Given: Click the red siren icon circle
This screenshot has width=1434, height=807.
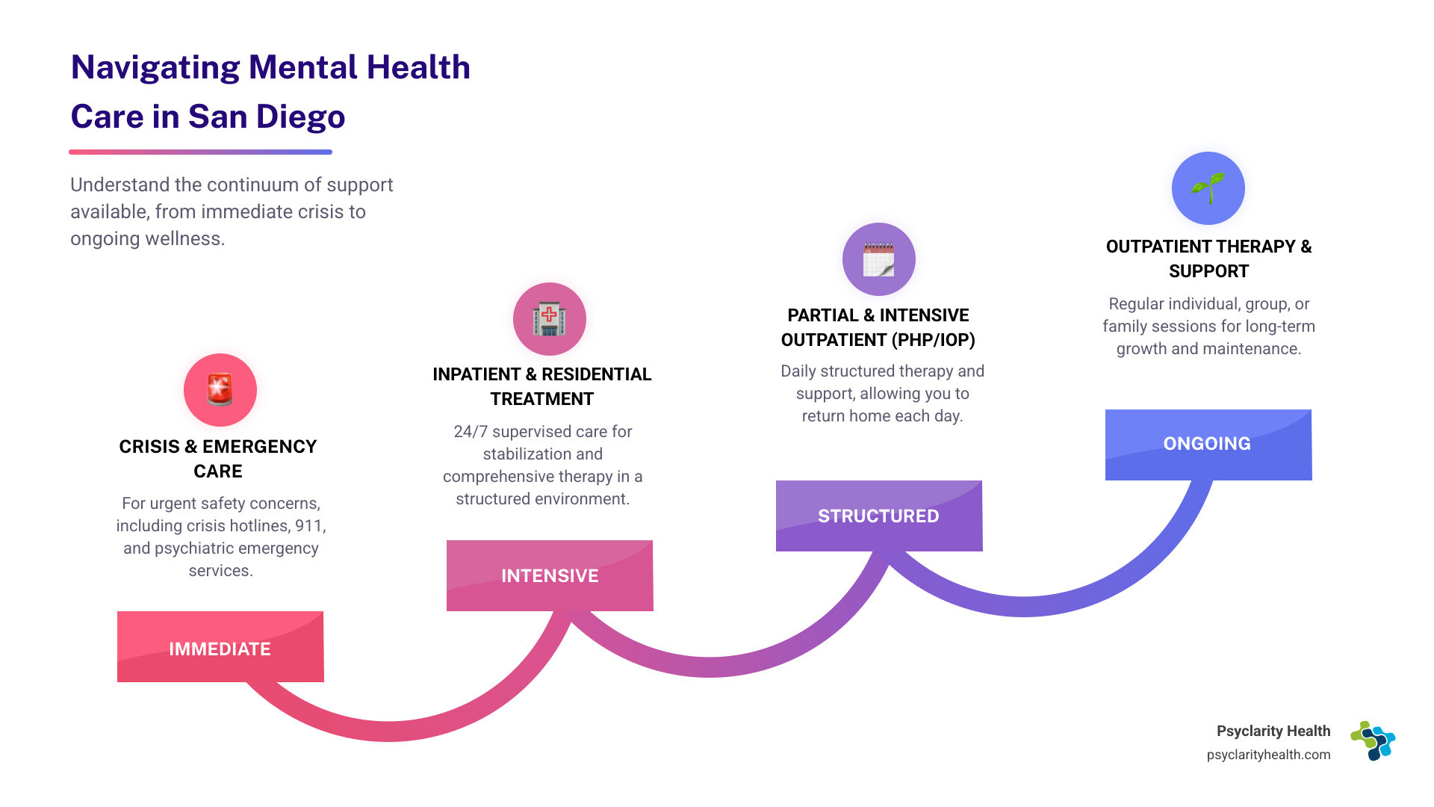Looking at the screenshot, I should click(220, 390).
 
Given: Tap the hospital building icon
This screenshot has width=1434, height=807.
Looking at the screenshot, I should click(550, 319).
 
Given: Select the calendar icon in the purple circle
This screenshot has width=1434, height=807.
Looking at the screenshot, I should click(878, 259).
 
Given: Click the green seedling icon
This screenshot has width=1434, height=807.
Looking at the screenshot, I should click(1208, 188).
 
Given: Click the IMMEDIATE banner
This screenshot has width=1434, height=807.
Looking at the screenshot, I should click(220, 647).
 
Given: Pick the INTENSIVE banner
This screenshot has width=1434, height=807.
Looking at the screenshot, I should click(550, 575).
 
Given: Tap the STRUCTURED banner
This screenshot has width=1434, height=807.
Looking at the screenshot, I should click(878, 516).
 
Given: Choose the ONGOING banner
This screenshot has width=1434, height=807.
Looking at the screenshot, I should click(1208, 444).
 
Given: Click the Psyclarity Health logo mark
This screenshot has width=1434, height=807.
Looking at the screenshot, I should click(1373, 740).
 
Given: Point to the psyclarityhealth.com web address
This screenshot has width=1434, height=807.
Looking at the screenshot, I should click(1268, 755).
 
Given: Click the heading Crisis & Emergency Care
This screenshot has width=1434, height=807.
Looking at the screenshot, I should click(218, 458).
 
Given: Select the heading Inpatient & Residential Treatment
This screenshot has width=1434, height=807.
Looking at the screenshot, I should click(542, 386).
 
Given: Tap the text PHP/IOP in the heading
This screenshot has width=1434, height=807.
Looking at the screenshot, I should click(937, 340).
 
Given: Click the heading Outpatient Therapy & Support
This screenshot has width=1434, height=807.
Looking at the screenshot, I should click(1208, 259).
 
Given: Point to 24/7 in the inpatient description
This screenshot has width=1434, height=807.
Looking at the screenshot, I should click(470, 432).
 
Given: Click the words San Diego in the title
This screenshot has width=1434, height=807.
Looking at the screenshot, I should click(267, 117).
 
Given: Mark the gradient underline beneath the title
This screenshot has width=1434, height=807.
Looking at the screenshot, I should click(200, 152).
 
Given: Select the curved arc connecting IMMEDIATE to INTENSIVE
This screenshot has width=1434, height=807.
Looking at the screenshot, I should click(388, 731).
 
